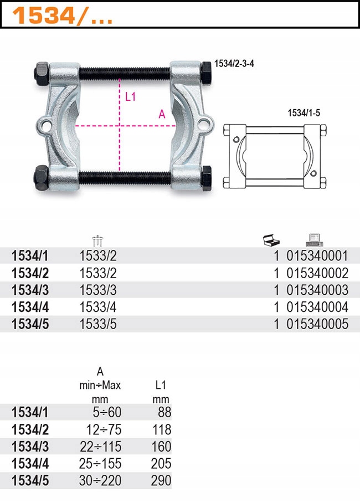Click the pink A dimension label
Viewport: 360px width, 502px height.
click(x=162, y=114)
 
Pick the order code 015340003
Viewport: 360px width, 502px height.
click(x=317, y=290)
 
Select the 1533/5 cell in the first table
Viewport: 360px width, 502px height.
click(x=99, y=324)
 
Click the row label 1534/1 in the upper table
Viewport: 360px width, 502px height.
click(x=30, y=255)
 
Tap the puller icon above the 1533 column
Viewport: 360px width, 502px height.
click(x=99, y=240)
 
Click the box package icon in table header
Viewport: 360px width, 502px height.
click(x=271, y=240)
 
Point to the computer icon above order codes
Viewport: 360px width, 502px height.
click(x=314, y=240)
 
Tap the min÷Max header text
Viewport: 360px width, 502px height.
click(x=100, y=385)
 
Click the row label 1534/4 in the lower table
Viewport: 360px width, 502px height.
click(x=30, y=463)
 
